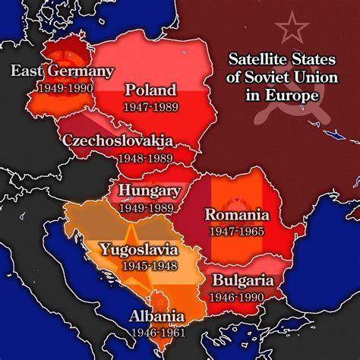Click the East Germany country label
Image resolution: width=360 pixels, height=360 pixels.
62,71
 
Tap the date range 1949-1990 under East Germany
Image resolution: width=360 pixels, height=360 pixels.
63,88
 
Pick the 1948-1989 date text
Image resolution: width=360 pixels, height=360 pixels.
144,159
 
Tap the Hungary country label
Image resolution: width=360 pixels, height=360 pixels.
150,191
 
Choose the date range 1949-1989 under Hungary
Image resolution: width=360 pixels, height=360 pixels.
150,207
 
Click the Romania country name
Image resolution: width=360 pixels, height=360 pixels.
236,214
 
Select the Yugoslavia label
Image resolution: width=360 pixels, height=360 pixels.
140,249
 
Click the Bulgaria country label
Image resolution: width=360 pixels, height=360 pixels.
245,279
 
